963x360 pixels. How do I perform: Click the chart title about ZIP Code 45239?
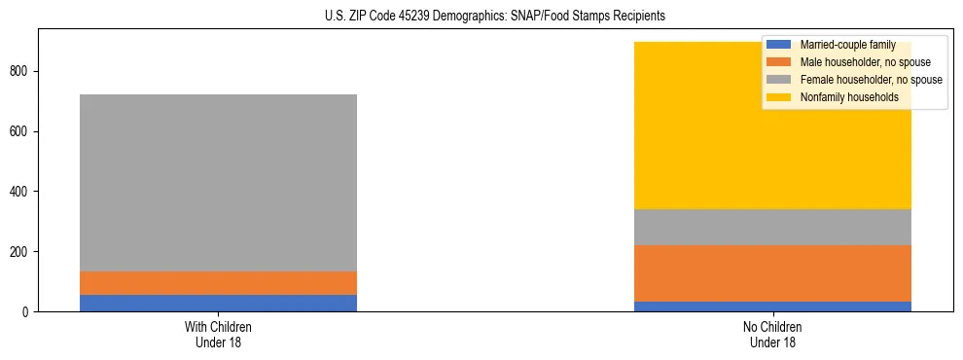495,16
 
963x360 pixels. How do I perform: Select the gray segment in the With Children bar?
218,183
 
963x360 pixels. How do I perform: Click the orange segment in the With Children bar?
218,283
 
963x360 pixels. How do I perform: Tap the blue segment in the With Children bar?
218,303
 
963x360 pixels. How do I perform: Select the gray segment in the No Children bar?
772,227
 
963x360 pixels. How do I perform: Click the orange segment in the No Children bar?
772,273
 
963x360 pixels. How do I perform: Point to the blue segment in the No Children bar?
772,306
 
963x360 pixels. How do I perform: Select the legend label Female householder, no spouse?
871,80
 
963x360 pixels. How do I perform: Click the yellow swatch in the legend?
778,97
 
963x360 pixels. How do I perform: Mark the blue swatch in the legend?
778,45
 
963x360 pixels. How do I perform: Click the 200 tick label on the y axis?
21,252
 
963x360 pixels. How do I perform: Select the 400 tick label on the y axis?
21,192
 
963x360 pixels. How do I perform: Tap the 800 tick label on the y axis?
21,71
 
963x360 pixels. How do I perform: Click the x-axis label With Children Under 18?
218,334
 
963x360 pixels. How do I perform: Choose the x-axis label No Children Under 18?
772,334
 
